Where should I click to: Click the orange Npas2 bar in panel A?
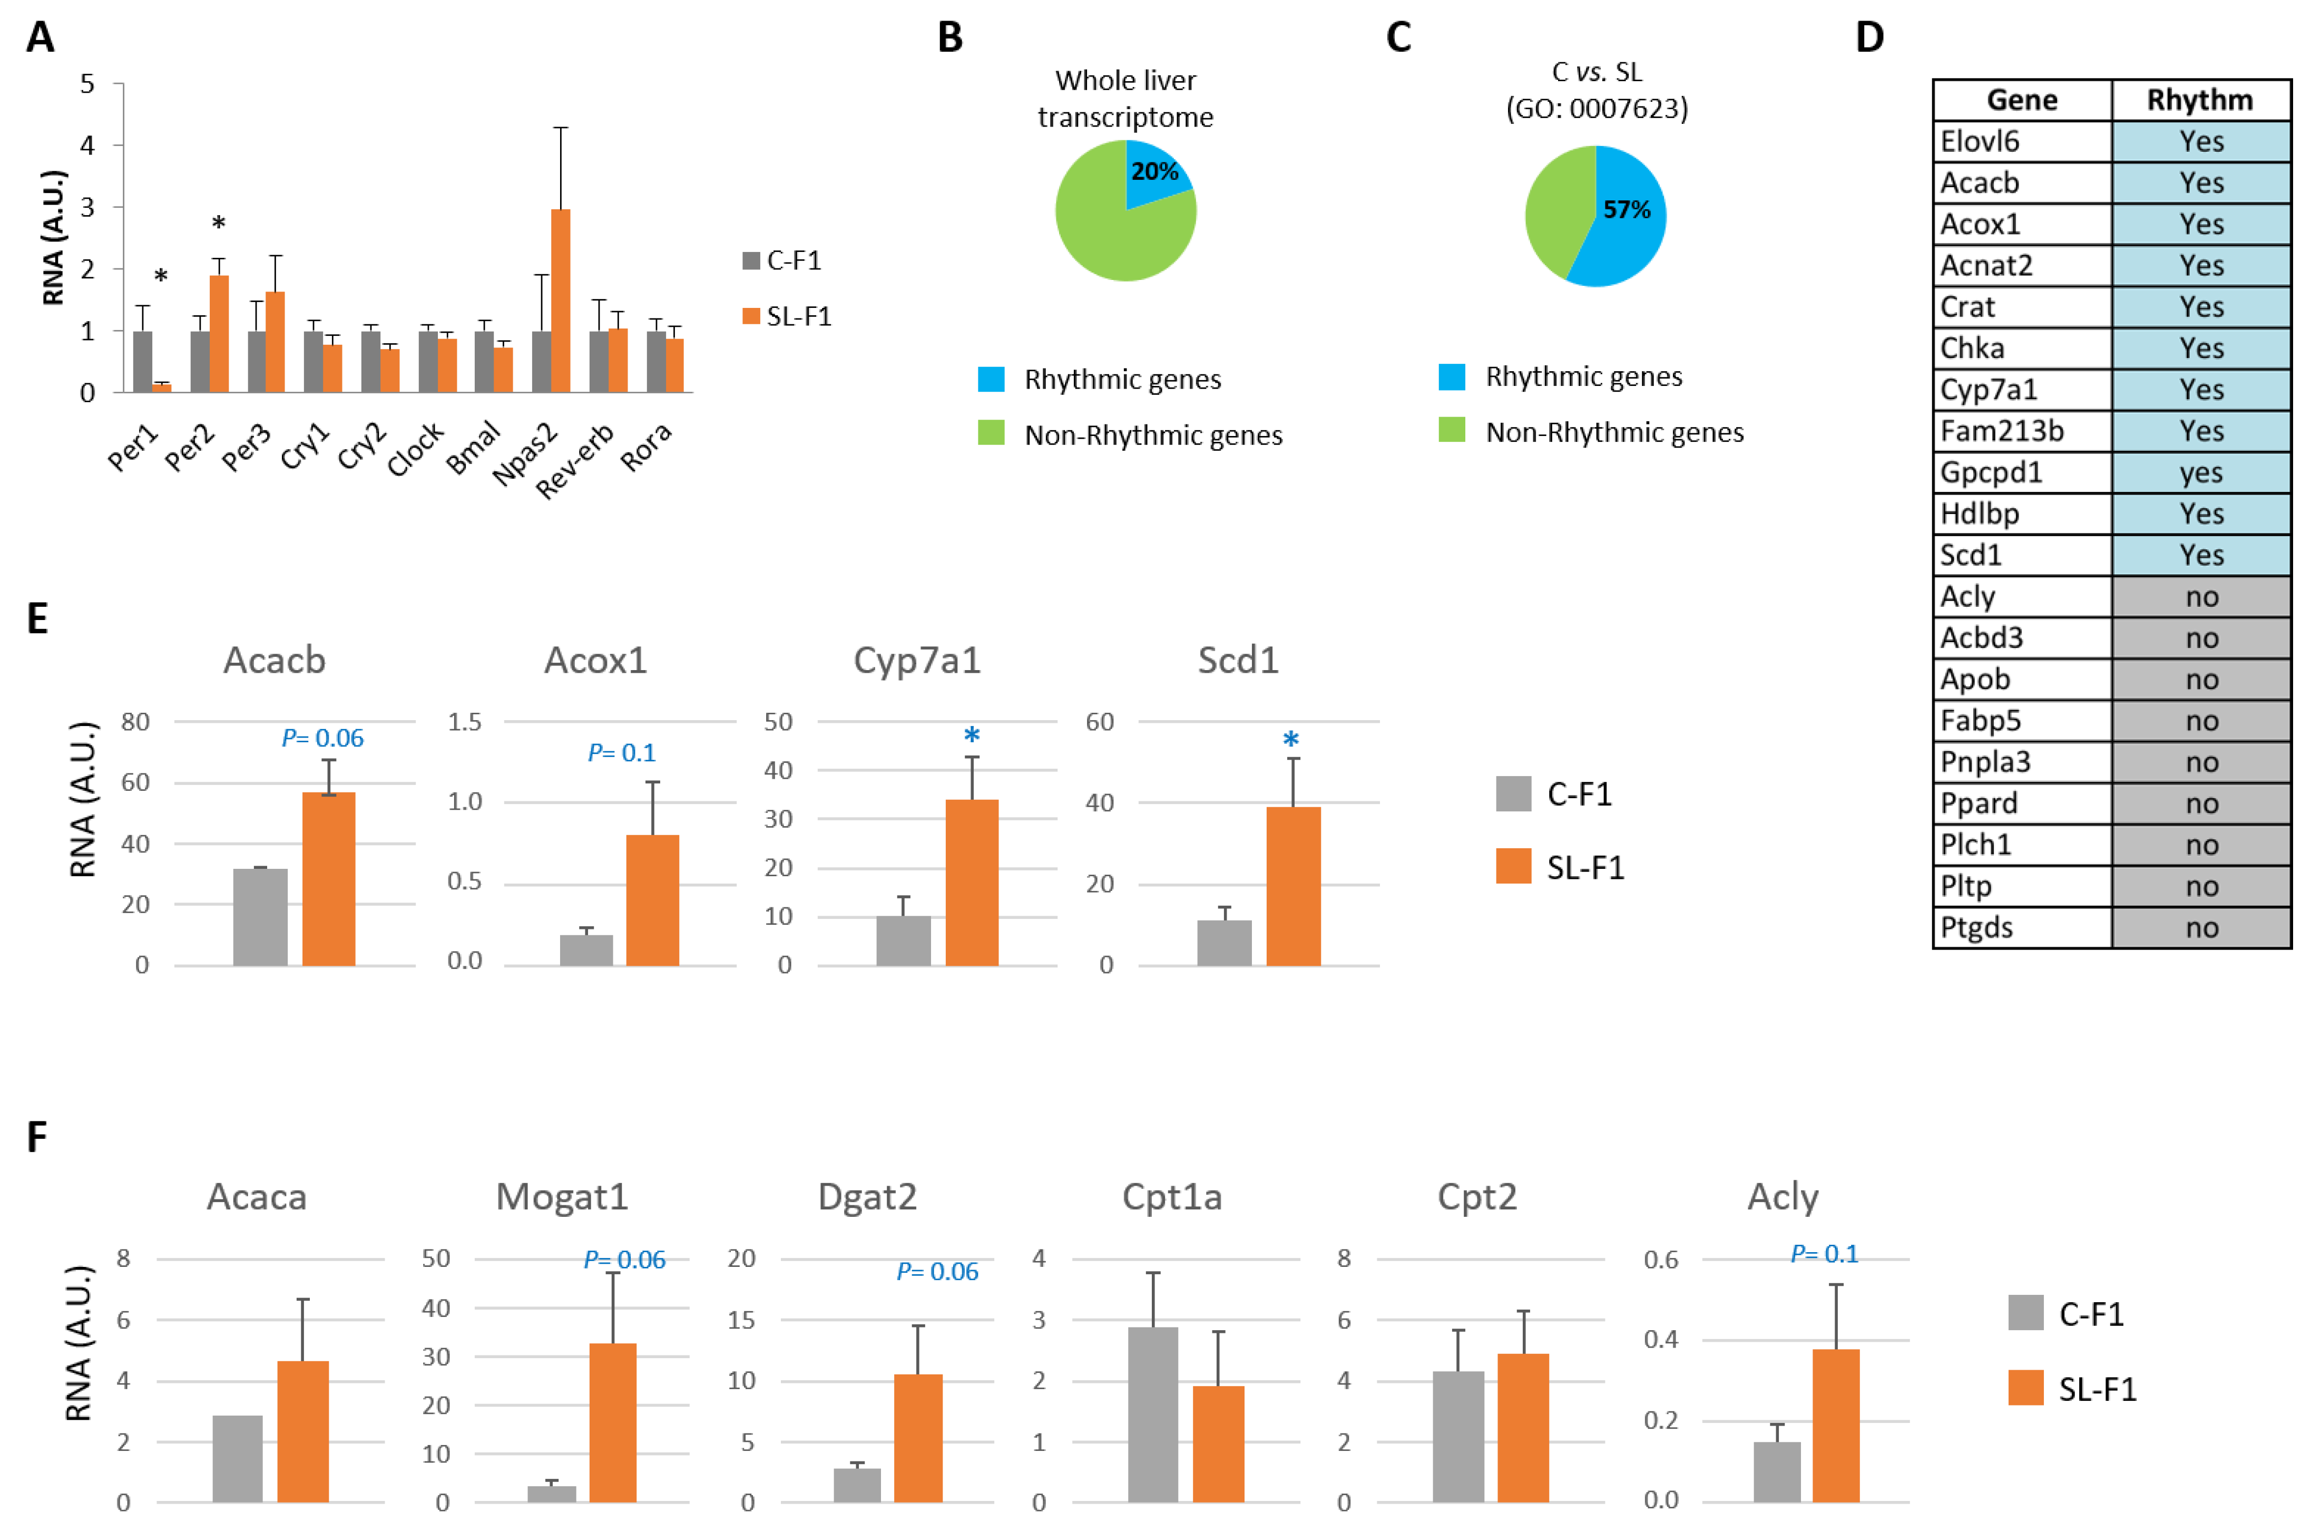click(560, 301)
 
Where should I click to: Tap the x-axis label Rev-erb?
click(575, 461)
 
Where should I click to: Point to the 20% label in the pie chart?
click(1154, 172)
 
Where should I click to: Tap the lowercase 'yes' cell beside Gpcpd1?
click(2200, 473)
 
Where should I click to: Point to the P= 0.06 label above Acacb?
click(322, 738)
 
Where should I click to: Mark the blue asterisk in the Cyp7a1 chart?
click(971, 736)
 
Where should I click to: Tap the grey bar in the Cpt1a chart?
click(1152, 1413)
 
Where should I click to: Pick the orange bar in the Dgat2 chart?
click(918, 1438)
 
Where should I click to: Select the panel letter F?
click(37, 1136)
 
